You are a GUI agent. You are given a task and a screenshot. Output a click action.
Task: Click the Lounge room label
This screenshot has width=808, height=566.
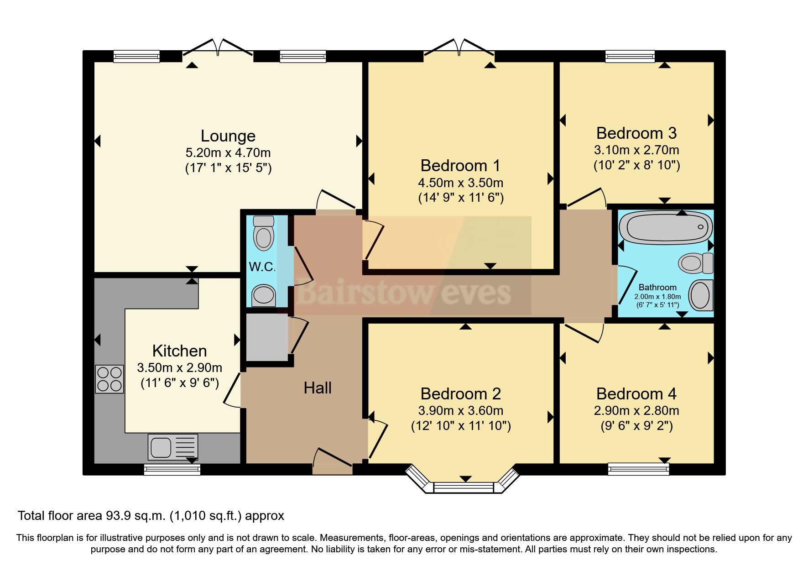coord(228,136)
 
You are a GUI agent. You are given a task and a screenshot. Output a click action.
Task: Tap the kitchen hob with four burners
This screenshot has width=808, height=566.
coord(109,379)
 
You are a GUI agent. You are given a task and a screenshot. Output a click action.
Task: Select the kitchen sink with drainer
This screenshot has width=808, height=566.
coord(173,446)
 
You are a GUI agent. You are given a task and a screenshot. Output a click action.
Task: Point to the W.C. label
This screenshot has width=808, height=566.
coord(262,267)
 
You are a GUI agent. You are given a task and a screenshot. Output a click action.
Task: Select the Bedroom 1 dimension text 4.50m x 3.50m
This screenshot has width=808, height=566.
coord(461,183)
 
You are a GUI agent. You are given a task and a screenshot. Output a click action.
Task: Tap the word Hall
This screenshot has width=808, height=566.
coord(318,388)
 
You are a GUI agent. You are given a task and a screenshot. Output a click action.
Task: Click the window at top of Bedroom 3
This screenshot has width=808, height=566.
coord(630,56)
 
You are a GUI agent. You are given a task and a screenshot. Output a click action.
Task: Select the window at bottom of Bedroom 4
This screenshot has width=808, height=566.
coord(638,469)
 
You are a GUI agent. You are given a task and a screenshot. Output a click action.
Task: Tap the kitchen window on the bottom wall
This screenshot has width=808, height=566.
coord(172,469)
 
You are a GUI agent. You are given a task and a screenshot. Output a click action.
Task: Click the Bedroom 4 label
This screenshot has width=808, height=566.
coord(636,394)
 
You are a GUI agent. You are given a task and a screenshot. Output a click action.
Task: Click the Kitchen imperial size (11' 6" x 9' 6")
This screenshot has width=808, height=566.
coord(180,383)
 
